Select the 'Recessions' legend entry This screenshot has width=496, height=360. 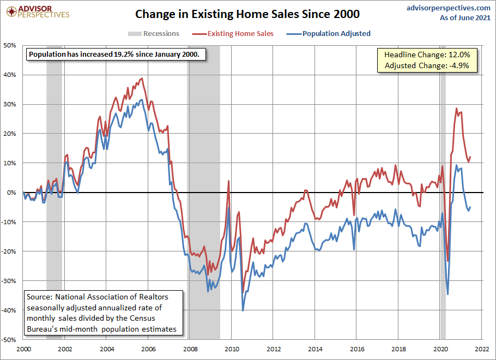154,34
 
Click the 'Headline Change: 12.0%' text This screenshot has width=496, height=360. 423,55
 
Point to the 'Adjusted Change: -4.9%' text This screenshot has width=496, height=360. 423,66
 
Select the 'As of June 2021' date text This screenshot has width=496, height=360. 465,17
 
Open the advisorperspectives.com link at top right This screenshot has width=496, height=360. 449,8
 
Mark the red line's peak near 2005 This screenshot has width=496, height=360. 142,79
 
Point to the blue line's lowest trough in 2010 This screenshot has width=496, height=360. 243,310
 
